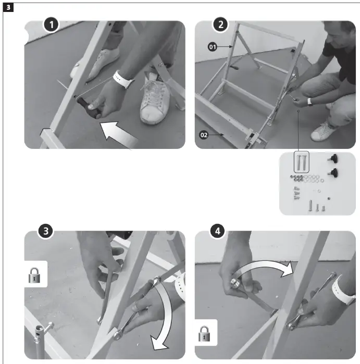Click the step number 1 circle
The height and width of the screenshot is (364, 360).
click(52, 24)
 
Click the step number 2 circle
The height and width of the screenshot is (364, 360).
click(221, 24)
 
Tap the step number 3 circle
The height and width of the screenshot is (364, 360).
click(46, 231)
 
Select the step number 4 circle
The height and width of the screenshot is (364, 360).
click(218, 231)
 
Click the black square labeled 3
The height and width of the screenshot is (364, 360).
click(8, 7)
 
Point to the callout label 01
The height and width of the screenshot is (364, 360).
click(212, 47)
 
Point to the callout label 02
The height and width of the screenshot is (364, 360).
click(204, 135)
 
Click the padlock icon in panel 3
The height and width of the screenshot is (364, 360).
click(34, 275)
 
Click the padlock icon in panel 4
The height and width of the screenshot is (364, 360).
click(204, 334)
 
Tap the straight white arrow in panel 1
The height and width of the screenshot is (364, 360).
click(118, 135)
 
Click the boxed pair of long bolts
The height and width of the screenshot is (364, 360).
click(302, 162)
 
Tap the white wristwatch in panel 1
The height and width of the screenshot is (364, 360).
click(122, 80)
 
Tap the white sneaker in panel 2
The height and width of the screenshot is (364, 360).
click(325, 131)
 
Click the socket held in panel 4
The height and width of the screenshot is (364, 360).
click(236, 283)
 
